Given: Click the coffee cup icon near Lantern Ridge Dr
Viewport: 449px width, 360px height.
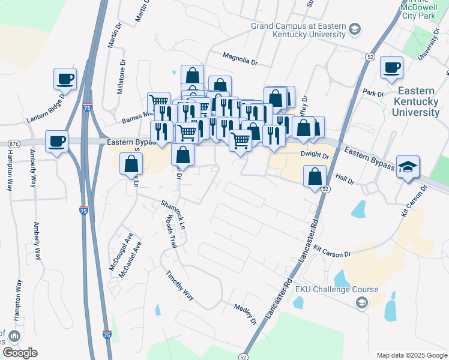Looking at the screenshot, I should (x=65, y=79).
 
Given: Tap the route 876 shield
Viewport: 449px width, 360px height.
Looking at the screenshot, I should (x=14, y=144).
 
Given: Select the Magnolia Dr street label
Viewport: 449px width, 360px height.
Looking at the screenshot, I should (x=240, y=58).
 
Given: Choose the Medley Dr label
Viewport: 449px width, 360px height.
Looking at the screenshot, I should (x=246, y=314).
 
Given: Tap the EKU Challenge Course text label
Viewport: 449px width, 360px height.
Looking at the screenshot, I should (x=336, y=289).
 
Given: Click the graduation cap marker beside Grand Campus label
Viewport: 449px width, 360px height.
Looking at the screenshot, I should (x=355, y=29).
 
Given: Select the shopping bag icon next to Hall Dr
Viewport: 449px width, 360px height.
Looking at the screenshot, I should (x=315, y=177).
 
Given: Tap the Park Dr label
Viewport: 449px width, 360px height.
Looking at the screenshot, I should (x=373, y=94).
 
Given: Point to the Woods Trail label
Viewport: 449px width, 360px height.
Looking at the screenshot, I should (x=170, y=232).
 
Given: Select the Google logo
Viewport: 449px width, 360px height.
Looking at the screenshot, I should (x=19, y=353).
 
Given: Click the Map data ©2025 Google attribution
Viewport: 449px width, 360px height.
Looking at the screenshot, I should (x=412, y=355).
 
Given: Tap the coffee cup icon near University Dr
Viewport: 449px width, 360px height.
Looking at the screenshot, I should (x=392, y=68).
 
